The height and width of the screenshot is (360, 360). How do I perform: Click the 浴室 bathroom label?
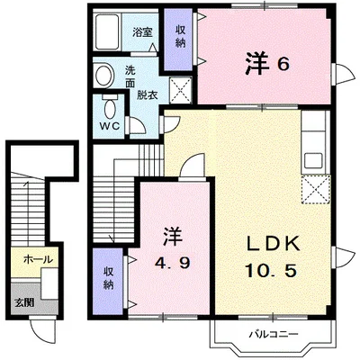[142, 32]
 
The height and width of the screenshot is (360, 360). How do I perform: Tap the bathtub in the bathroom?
[107, 31]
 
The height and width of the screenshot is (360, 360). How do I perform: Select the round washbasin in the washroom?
[103, 75]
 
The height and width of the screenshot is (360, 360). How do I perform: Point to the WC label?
[110, 126]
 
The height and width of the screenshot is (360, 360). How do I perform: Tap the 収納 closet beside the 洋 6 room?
[179, 39]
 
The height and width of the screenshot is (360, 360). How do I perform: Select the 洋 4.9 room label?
[172, 248]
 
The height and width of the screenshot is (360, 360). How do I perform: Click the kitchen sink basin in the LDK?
[314, 160]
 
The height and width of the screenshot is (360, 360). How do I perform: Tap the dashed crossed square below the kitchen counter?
[316, 190]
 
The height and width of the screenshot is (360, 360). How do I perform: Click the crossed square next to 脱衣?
[181, 90]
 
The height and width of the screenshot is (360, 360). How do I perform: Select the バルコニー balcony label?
[274, 334]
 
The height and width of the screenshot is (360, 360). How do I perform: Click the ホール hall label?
[38, 258]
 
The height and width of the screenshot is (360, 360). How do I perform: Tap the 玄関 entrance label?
[24, 302]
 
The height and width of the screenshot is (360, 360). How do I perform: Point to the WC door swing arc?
[139, 125]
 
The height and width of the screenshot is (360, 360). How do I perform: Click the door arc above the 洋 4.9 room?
[192, 165]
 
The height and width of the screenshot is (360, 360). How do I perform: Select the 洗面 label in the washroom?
[130, 77]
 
